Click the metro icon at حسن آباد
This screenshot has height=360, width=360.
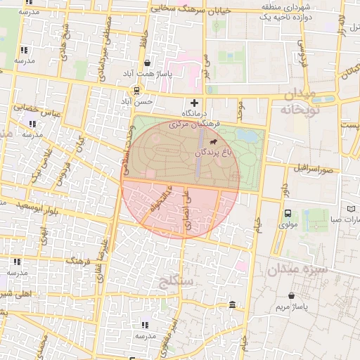point(136,91)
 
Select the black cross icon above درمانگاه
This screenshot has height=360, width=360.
point(195,103)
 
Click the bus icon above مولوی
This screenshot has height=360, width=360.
point(287,214)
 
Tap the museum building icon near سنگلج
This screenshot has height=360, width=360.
point(232,304)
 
